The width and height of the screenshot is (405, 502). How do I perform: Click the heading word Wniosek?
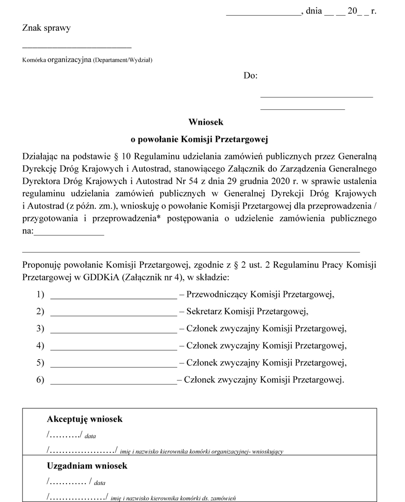tap(206, 122)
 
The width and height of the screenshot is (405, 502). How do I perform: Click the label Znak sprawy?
tap(46, 28)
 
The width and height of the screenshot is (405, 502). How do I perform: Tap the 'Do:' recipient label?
tap(251, 76)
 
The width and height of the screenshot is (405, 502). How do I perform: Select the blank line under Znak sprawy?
tap(76, 47)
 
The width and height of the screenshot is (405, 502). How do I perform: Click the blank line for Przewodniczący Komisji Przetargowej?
tap(114, 298)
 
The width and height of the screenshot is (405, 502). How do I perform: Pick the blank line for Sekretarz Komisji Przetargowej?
tap(114, 316)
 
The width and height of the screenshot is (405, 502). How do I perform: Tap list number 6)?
tap(40, 380)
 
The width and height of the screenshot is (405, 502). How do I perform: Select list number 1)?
tap(40, 294)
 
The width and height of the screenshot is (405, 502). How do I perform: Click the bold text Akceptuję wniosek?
tap(85, 419)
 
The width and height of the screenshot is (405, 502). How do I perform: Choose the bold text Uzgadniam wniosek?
tap(87, 466)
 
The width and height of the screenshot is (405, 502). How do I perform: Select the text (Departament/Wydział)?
tap(122, 60)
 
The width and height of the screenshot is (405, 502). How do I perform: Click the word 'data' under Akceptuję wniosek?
tap(90, 436)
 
